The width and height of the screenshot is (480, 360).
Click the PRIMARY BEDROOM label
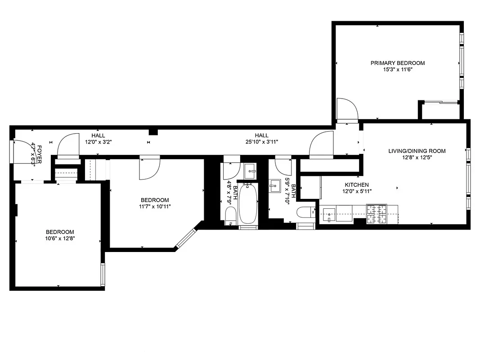pos(397,63)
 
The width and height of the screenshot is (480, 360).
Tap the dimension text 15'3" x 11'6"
pos(397,70)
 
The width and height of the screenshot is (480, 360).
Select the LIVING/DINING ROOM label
pos(417,151)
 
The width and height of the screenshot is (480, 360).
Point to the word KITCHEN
pos(357,184)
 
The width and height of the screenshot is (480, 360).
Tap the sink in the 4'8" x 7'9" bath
pos(250,170)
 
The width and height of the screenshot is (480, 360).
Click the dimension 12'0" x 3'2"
pos(98,142)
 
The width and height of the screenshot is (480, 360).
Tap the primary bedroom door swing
pos(347,110)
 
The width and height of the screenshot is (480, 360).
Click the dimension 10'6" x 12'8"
pos(59,238)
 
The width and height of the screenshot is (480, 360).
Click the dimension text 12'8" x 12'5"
pos(417,157)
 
